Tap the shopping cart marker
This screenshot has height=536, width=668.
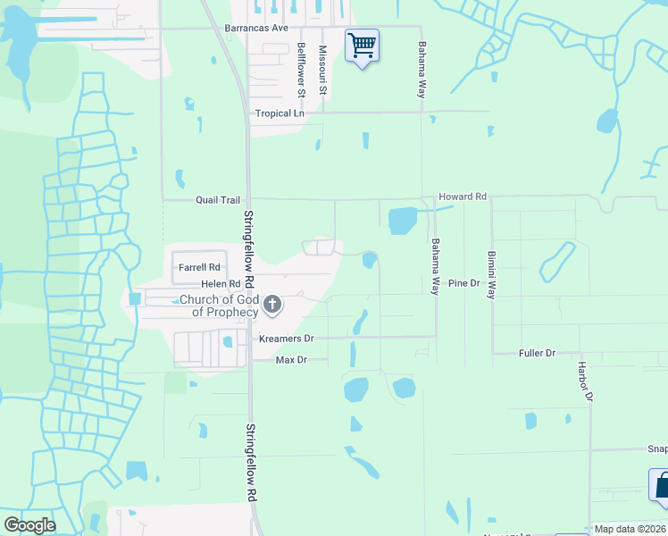(362, 45)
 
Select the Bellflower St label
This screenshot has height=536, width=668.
(302, 69)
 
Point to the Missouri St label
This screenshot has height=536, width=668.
(324, 71)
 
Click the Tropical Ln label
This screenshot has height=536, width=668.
(280, 113)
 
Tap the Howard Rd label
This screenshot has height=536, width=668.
(462, 196)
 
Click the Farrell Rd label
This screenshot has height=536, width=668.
(199, 267)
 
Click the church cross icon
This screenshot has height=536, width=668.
(273, 306)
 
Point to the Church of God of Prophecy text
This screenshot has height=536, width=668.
(219, 306)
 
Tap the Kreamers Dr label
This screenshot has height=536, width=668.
(286, 339)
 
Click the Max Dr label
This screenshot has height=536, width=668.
(291, 359)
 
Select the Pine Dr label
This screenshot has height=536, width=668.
(464, 282)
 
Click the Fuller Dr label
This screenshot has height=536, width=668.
(538, 353)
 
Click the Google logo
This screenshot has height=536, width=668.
(29, 524)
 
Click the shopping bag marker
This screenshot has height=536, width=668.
(661, 488)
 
